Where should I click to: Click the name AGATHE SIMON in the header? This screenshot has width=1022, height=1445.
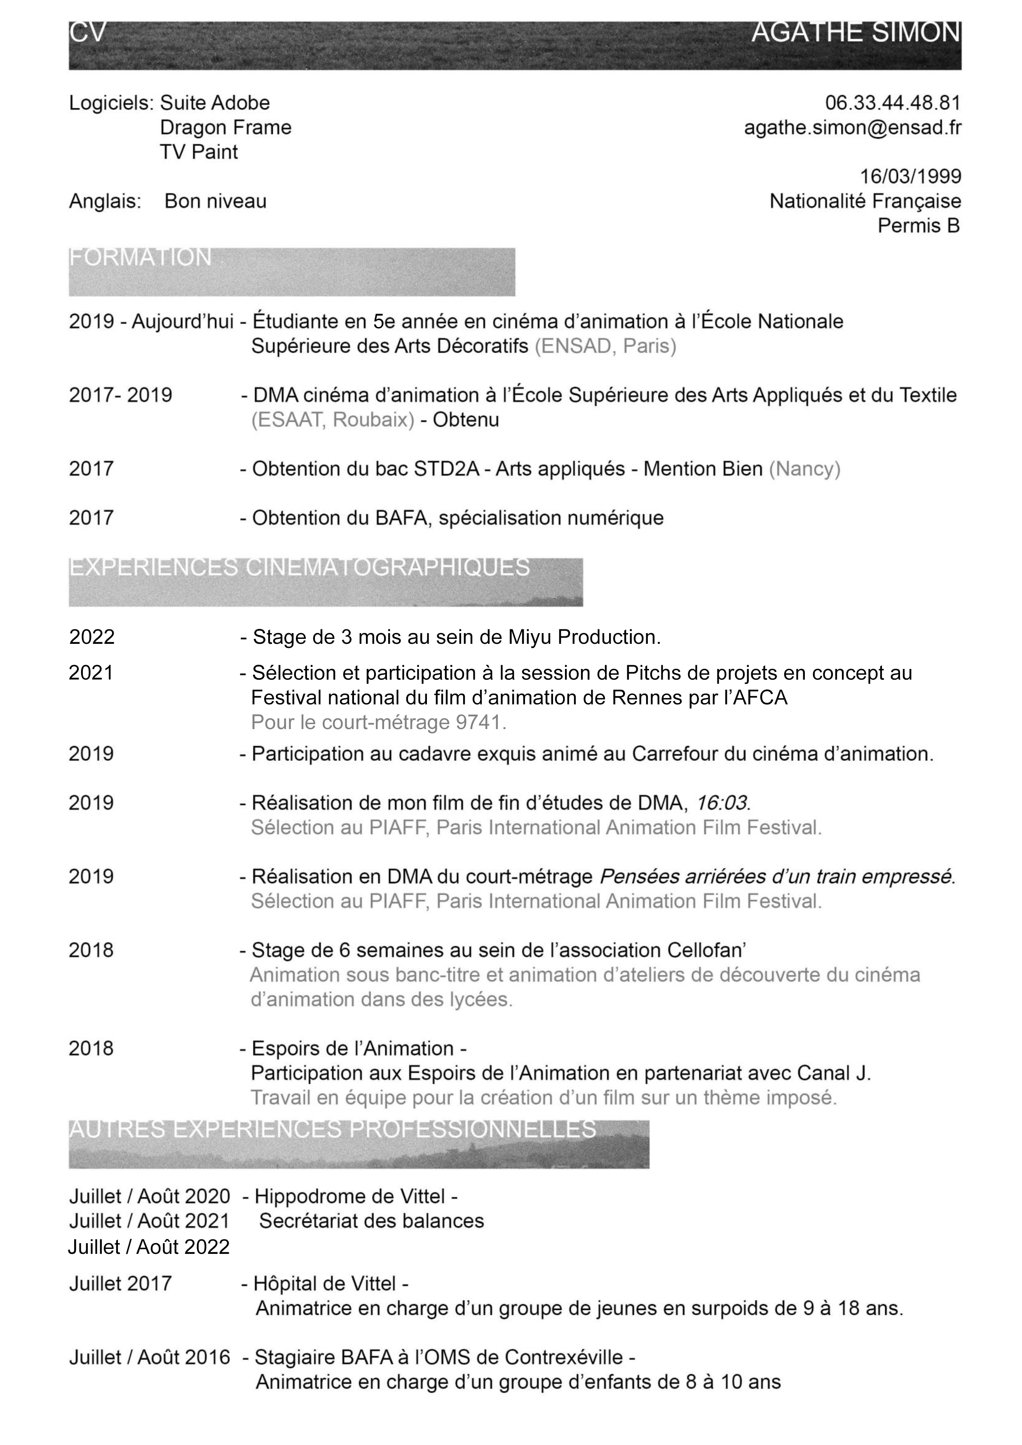[x=856, y=33]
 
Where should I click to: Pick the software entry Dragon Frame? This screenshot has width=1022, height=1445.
[x=225, y=128]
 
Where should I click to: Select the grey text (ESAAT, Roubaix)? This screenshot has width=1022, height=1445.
[x=333, y=420]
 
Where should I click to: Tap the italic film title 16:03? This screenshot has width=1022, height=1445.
[x=722, y=803]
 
